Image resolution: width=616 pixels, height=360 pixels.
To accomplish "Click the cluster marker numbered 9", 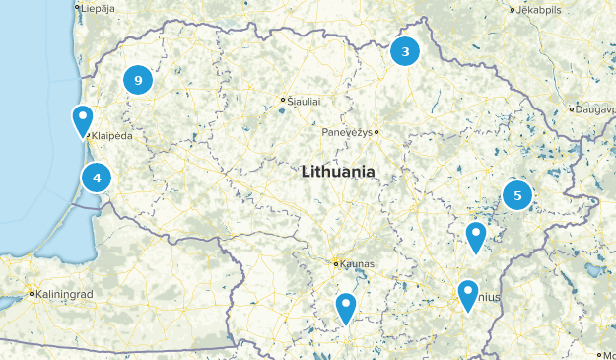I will pos(138,81).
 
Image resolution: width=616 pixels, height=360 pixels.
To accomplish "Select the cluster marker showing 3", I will pos(405,52).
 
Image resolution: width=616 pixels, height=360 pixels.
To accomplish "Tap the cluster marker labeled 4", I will pos(97,179).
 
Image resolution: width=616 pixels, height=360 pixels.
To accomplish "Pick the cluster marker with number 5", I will pos(517,195).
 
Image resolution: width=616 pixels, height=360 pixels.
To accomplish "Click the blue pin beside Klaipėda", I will pos(84,120).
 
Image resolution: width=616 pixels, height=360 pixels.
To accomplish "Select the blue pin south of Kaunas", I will pos(345,308).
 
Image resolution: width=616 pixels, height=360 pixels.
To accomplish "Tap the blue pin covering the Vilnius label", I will pos(468,295).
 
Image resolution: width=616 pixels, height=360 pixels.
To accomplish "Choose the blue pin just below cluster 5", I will pos(476,237).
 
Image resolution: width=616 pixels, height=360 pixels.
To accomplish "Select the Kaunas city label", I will pos(355,263).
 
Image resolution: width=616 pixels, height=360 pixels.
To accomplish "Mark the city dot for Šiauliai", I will pos(282,100).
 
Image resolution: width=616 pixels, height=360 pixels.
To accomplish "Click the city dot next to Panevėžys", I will pos(376,132).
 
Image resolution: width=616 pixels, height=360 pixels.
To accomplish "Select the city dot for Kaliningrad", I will pos(32,293).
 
